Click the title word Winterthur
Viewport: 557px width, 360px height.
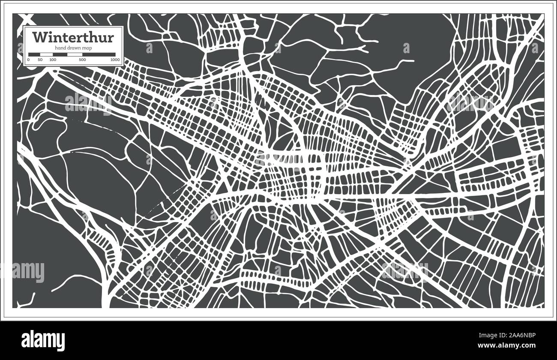pyautogui.click(x=73, y=38)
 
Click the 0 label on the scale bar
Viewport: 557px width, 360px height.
pyautogui.click(x=28, y=60)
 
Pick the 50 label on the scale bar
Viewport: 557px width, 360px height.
pyautogui.click(x=40, y=60)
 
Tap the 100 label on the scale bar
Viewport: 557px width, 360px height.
pyautogui.click(x=52, y=60)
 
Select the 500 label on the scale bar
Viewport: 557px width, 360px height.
pyautogui.click(x=82, y=60)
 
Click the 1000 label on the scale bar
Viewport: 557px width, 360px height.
pyautogui.click(x=114, y=60)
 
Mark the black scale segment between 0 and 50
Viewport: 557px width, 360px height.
pyautogui.click(x=34, y=54)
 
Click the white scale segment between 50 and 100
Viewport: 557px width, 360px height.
pyautogui.click(x=46, y=54)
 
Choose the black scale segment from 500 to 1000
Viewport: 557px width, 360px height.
pyautogui.click(x=99, y=54)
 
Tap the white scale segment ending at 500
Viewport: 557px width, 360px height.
pyautogui.click(x=75, y=54)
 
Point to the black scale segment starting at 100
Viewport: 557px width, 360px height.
pyautogui.click(x=60, y=54)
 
